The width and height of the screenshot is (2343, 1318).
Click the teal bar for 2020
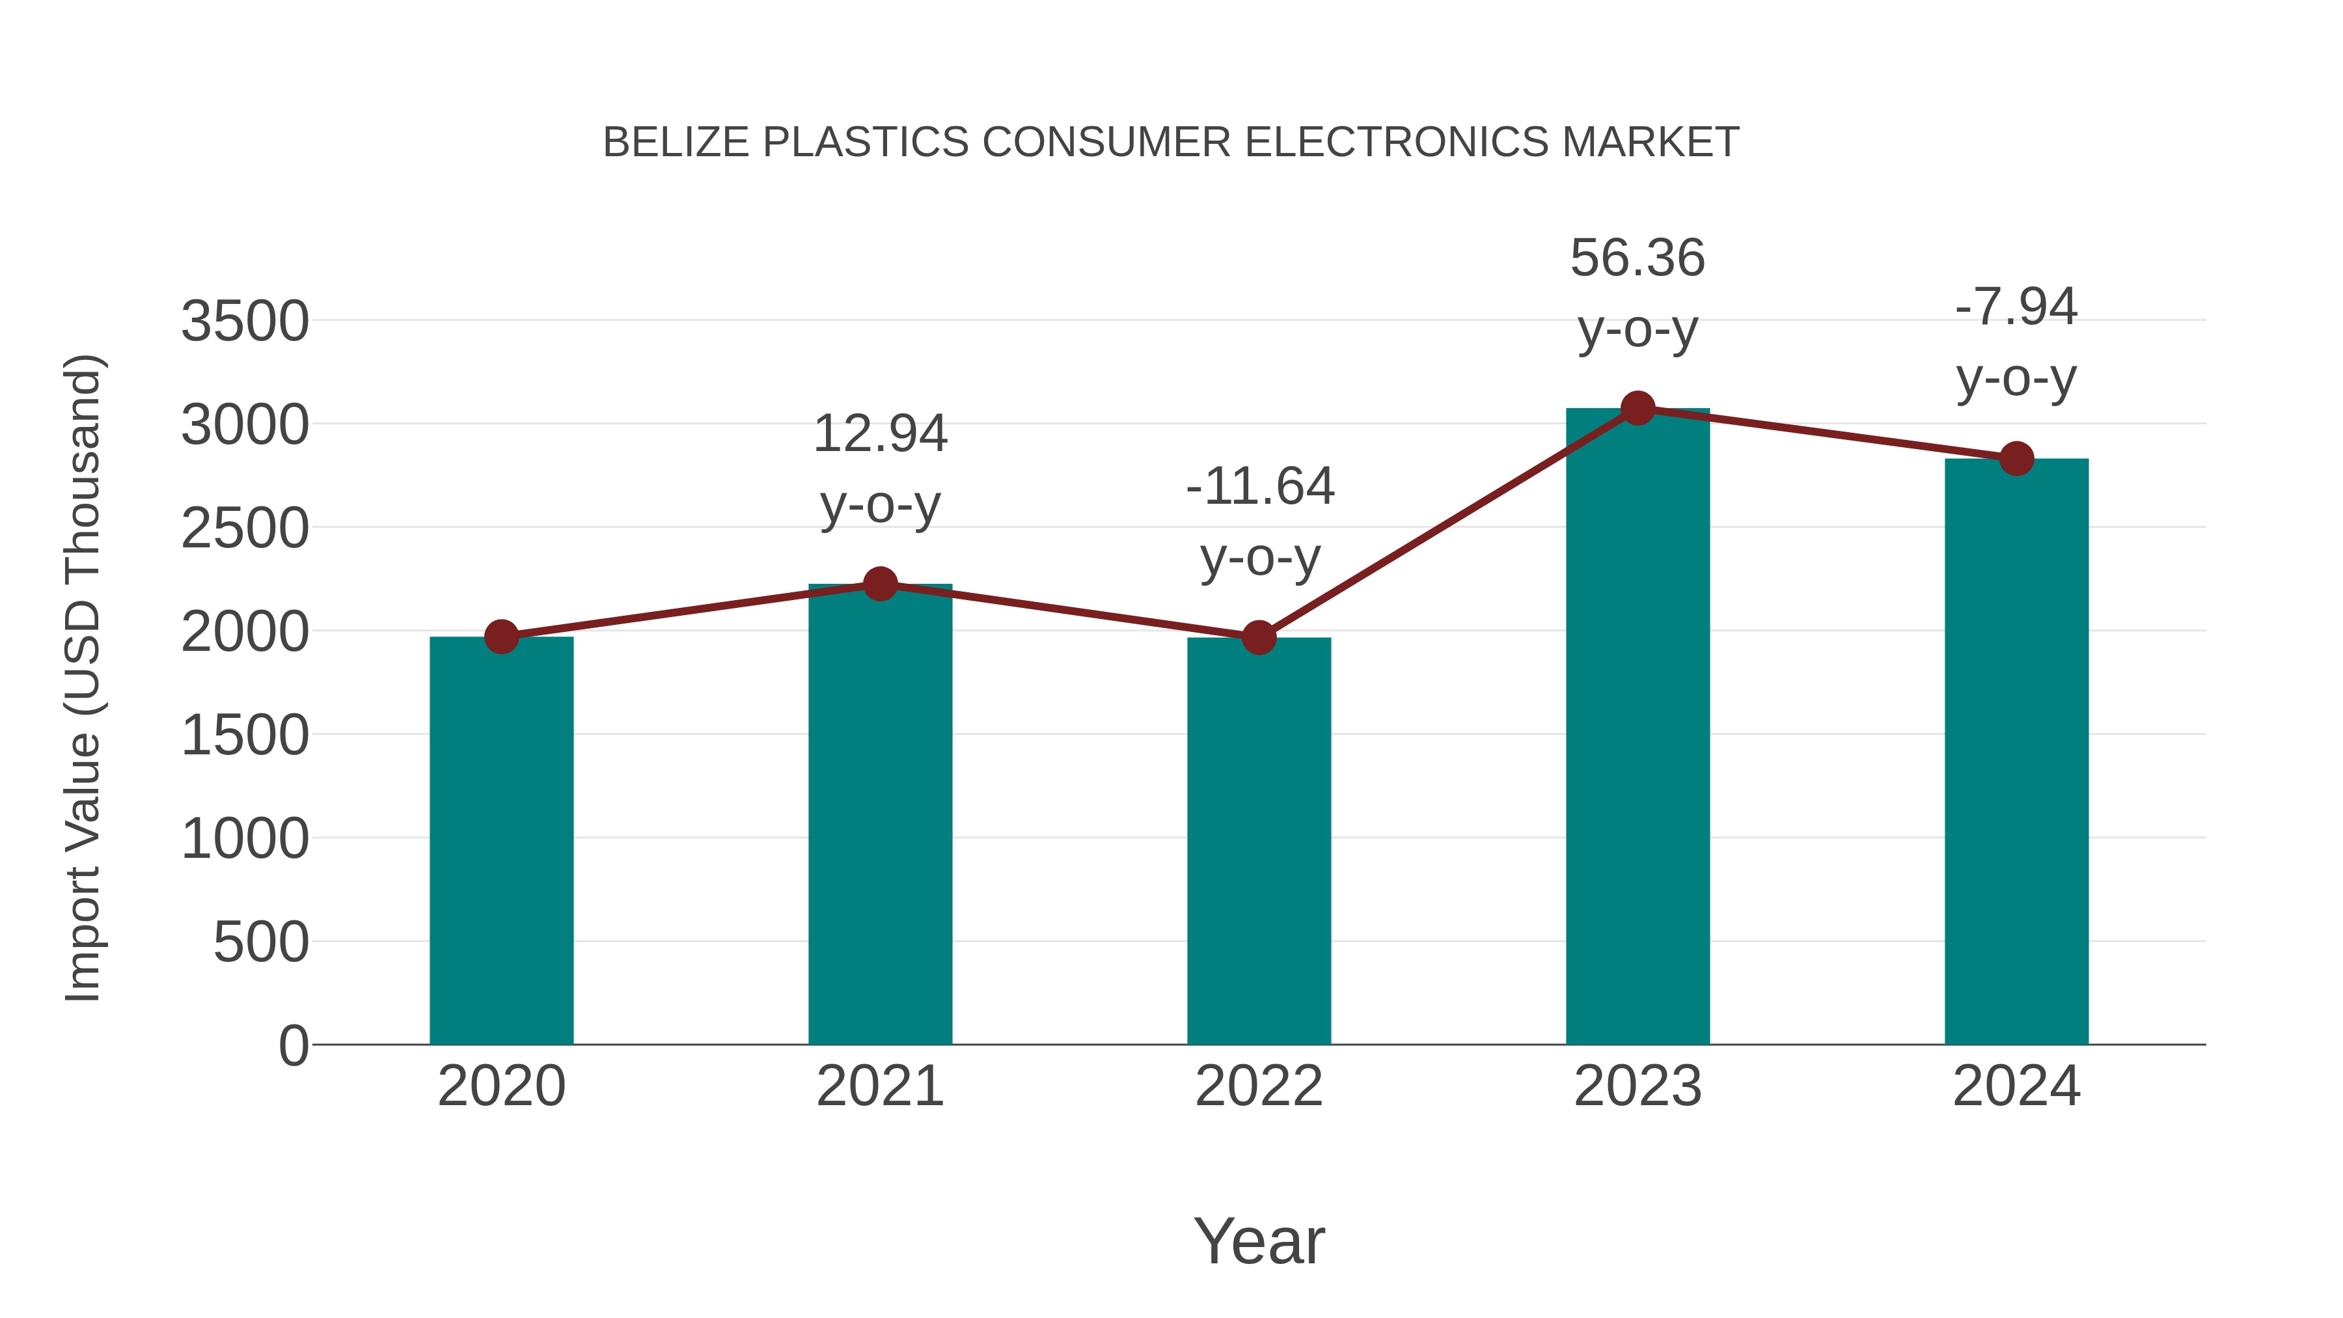[x=501, y=842]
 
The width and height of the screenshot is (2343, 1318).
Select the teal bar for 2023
[x=1637, y=728]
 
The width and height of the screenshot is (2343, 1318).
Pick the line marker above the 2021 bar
[x=879, y=584]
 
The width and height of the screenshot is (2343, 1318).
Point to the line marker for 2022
[x=1259, y=638]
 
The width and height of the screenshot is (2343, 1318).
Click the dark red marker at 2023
[x=1637, y=408]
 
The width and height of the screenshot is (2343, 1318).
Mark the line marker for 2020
[x=501, y=637]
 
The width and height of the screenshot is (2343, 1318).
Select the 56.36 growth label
[x=1637, y=258]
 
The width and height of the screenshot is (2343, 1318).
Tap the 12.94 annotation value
[x=879, y=434]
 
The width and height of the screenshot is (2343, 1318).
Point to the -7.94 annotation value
[x=2016, y=307]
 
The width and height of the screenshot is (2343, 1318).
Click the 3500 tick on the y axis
[x=245, y=322]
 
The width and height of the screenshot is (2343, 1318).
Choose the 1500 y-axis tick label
[x=245, y=736]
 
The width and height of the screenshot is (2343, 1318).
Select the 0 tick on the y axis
[x=294, y=1046]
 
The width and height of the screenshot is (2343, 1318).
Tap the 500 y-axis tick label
[x=261, y=942]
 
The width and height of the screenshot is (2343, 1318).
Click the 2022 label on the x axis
[x=1259, y=1087]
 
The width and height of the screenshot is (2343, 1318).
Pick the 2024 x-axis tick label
[x=2016, y=1087]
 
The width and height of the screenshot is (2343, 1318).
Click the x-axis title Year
[x=1259, y=1242]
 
